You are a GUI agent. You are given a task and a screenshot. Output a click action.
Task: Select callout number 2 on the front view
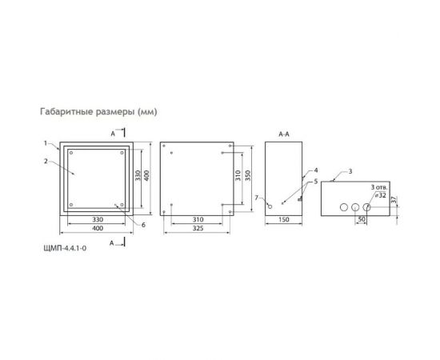46,160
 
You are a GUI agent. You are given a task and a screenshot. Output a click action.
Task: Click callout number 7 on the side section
255,197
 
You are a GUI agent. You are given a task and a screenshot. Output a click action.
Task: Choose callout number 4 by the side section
317,170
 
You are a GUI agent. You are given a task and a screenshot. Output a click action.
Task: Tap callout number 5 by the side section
317,182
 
